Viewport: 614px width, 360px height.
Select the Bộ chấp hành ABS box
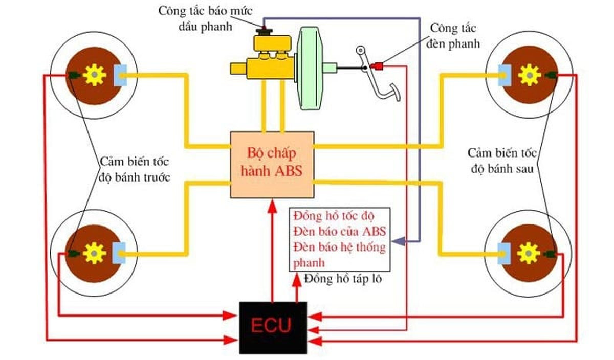[x=272, y=164]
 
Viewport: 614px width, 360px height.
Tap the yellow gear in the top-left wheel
[x=95, y=76]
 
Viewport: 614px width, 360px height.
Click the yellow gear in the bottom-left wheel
[x=95, y=253]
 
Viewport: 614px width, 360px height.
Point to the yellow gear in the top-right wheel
[x=529, y=75]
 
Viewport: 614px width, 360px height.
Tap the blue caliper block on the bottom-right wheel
[x=503, y=251]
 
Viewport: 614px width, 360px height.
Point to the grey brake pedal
[x=379, y=82]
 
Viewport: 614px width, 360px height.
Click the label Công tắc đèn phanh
[x=455, y=35]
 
